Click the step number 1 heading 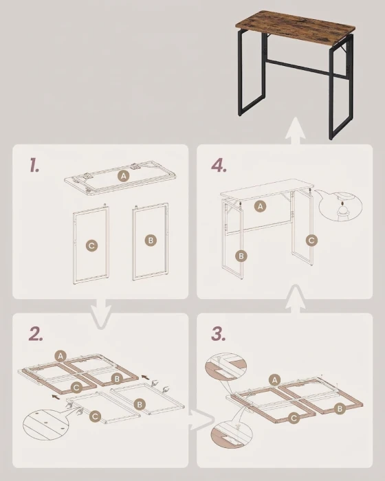pyautogui.click(x=34, y=165)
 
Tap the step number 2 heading pyautogui.click(x=36, y=334)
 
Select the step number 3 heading pyautogui.click(x=219, y=334)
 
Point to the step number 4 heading pyautogui.click(x=219, y=166)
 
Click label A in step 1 pyautogui.click(x=124, y=176)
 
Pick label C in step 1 pyautogui.click(x=91, y=246)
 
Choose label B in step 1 pyautogui.click(x=151, y=240)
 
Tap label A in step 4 pyautogui.click(x=261, y=206)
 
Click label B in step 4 pyautogui.click(x=241, y=256)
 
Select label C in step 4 pyautogui.click(x=311, y=240)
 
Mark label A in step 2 pyautogui.click(x=60, y=356)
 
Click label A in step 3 pyautogui.click(x=274, y=381)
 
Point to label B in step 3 pyautogui.click(x=340, y=409)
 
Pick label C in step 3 pyautogui.click(x=294, y=418)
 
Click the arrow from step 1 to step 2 pyautogui.click(x=101, y=315)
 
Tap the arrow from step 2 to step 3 pyautogui.click(x=201, y=419)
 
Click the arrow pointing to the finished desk pyautogui.click(x=295, y=131)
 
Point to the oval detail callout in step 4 pyautogui.click(x=340, y=206)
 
